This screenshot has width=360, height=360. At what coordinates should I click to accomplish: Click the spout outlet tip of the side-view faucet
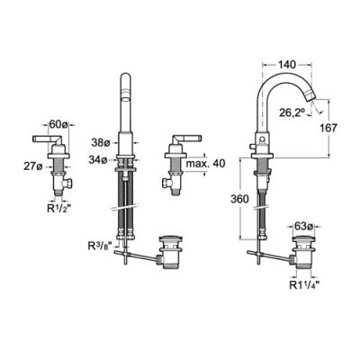point(316,101)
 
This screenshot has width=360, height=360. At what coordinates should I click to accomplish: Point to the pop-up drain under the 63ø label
point(303,257)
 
